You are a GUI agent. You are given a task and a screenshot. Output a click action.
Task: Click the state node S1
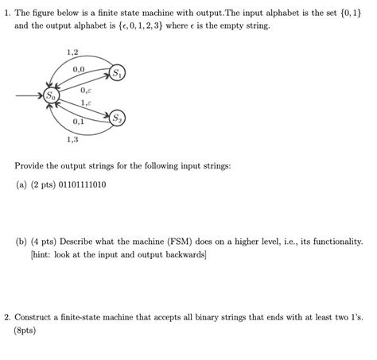[x=116, y=74]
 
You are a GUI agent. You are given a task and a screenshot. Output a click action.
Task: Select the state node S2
[x=117, y=118]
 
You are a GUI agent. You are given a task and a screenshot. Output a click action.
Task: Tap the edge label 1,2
[x=72, y=52]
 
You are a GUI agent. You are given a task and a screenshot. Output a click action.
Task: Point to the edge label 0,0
[x=78, y=70]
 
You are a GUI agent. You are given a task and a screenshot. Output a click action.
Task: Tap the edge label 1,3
[x=72, y=140]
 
